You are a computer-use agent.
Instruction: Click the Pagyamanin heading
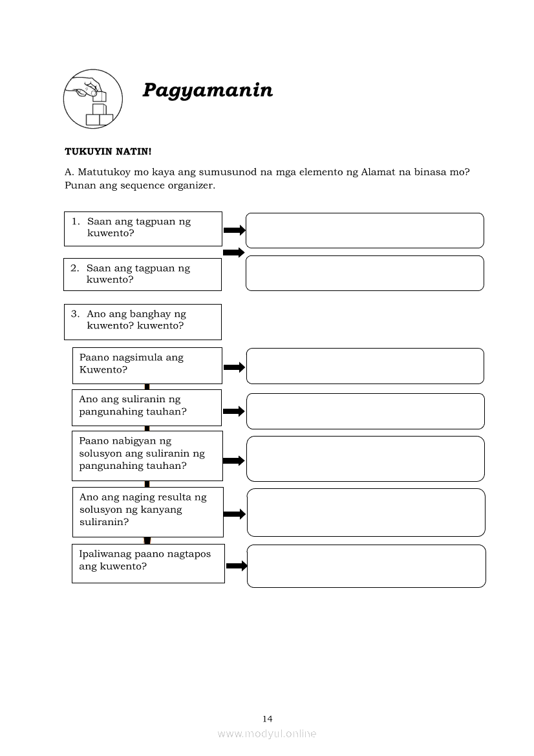207,91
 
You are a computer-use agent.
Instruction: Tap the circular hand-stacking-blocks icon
92,99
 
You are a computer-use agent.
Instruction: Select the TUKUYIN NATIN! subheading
108,151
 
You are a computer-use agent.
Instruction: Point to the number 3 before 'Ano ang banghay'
75,314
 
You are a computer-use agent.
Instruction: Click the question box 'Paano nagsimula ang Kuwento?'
147,365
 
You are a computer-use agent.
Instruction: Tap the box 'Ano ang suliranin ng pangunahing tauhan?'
147,407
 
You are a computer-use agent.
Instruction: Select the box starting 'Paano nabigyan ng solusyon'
147,455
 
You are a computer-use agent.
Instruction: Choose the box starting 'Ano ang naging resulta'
147,512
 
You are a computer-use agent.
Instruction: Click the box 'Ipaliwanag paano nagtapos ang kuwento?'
148,563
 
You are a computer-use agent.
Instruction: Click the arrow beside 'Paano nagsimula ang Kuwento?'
234,367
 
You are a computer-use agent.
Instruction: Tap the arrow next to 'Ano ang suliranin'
234,411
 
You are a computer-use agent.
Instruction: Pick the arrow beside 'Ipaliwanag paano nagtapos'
237,566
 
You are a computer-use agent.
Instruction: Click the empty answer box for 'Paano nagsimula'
365,366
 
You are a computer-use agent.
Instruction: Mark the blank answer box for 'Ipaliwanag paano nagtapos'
366,566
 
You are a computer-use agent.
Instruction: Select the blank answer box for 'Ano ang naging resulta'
366,512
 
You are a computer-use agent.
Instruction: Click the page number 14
268,718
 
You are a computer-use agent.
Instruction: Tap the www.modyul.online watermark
267,733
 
